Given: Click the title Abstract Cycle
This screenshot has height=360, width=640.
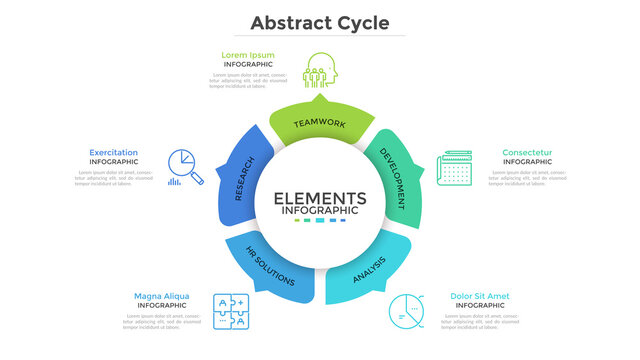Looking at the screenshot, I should click(319, 22).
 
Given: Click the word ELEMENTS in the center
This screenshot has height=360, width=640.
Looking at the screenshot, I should click(320, 198).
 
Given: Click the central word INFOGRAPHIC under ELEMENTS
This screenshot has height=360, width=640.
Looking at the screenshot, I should click(320, 211).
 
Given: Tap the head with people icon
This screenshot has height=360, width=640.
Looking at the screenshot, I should click(321, 69).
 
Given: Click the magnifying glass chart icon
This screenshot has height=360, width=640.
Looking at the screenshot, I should click(184, 168).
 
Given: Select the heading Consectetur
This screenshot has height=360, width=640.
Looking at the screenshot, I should click(526, 152).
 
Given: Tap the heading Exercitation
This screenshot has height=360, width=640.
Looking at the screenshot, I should click(114, 152).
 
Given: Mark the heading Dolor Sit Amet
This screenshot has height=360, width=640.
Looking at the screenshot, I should click(480, 296).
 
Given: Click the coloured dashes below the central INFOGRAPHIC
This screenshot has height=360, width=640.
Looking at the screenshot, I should click(320, 221).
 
